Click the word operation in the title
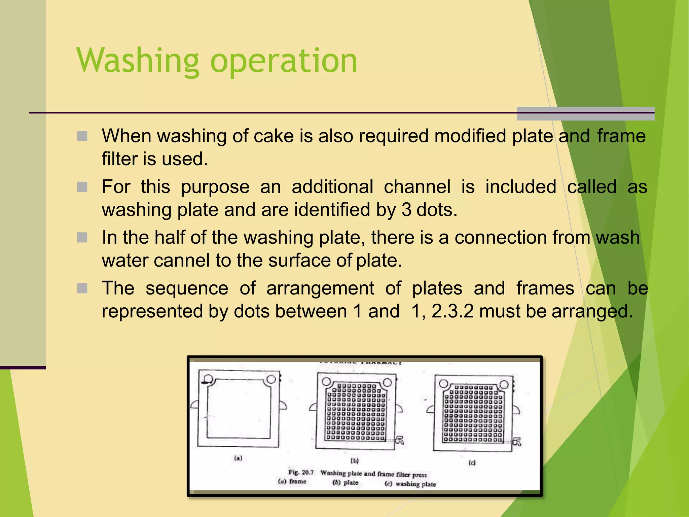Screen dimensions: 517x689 pyautogui.click(x=284, y=61)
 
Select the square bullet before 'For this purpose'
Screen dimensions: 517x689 pyautogui.click(x=82, y=187)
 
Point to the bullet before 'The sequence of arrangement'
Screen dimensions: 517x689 pyautogui.click(x=82, y=288)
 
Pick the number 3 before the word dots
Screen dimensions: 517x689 pyautogui.click(x=406, y=210)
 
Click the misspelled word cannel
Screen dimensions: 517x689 pyautogui.click(x=182, y=261)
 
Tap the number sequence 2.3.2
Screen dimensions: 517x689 pyautogui.click(x=452, y=311)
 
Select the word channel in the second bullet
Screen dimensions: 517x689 pyautogui.click(x=417, y=187)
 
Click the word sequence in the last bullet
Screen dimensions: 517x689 pyautogui.click(x=187, y=288)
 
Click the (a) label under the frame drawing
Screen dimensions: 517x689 pyautogui.click(x=238, y=458)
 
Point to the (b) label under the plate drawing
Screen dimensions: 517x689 pyautogui.click(x=355, y=460)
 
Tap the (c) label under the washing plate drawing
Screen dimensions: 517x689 pyautogui.click(x=472, y=463)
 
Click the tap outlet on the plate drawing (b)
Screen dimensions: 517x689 pyautogui.click(x=400, y=440)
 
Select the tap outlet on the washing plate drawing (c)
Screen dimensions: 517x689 pyautogui.click(x=517, y=442)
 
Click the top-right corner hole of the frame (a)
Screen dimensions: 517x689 pyautogui.click(x=271, y=380)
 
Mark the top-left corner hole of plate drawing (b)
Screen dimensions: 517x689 pyautogui.click(x=326, y=381)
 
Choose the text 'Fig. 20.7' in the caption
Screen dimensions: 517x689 pyautogui.click(x=301, y=472)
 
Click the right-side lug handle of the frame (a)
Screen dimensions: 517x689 pyautogui.click(x=283, y=405)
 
